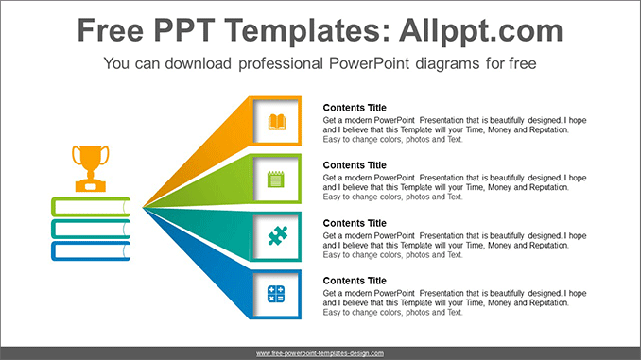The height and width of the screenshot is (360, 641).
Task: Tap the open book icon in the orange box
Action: [277, 121]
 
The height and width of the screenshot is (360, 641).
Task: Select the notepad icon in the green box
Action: [277, 179]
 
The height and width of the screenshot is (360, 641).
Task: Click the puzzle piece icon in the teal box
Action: [277, 236]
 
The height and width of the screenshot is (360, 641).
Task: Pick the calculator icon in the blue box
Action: [277, 294]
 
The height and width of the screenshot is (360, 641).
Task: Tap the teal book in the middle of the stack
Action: [90, 229]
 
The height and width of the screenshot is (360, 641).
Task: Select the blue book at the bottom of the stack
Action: [90, 251]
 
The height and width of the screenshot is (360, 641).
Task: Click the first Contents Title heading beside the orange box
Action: [355, 108]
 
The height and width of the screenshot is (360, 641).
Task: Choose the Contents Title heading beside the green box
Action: [355, 165]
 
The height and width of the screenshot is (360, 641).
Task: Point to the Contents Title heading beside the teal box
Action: [355, 223]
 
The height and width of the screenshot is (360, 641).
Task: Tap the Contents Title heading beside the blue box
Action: [355, 281]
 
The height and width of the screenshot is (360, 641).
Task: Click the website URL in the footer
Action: [320, 352]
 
